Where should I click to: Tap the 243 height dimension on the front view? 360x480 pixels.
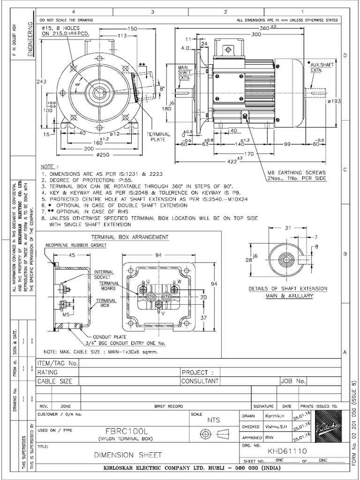click(42, 82)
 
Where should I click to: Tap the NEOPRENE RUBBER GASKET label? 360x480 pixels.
click(76, 245)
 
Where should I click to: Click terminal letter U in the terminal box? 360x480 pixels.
click(148, 281)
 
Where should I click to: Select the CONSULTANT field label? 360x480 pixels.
click(200, 381)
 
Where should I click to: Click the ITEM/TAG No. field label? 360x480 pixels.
click(58, 363)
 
